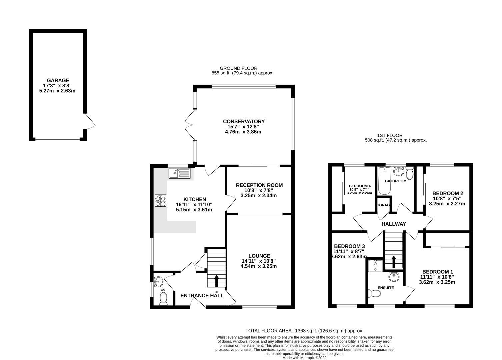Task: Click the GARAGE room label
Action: tap(58, 80)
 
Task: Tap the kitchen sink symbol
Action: tap(179, 173)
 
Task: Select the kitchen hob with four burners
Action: tap(160, 201)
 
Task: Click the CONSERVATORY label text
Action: tap(244, 121)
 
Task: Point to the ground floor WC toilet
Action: tap(163, 299)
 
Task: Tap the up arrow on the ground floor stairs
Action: tap(217, 281)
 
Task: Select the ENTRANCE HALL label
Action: tap(202, 295)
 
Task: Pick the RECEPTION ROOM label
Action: tap(259, 185)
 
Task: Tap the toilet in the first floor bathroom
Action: tap(410, 173)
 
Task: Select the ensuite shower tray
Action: tap(375, 266)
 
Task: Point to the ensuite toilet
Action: tap(374, 293)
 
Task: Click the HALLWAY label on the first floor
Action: tap(394, 224)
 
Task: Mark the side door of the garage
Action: tap(89, 121)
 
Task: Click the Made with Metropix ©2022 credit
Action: tap(304, 358)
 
